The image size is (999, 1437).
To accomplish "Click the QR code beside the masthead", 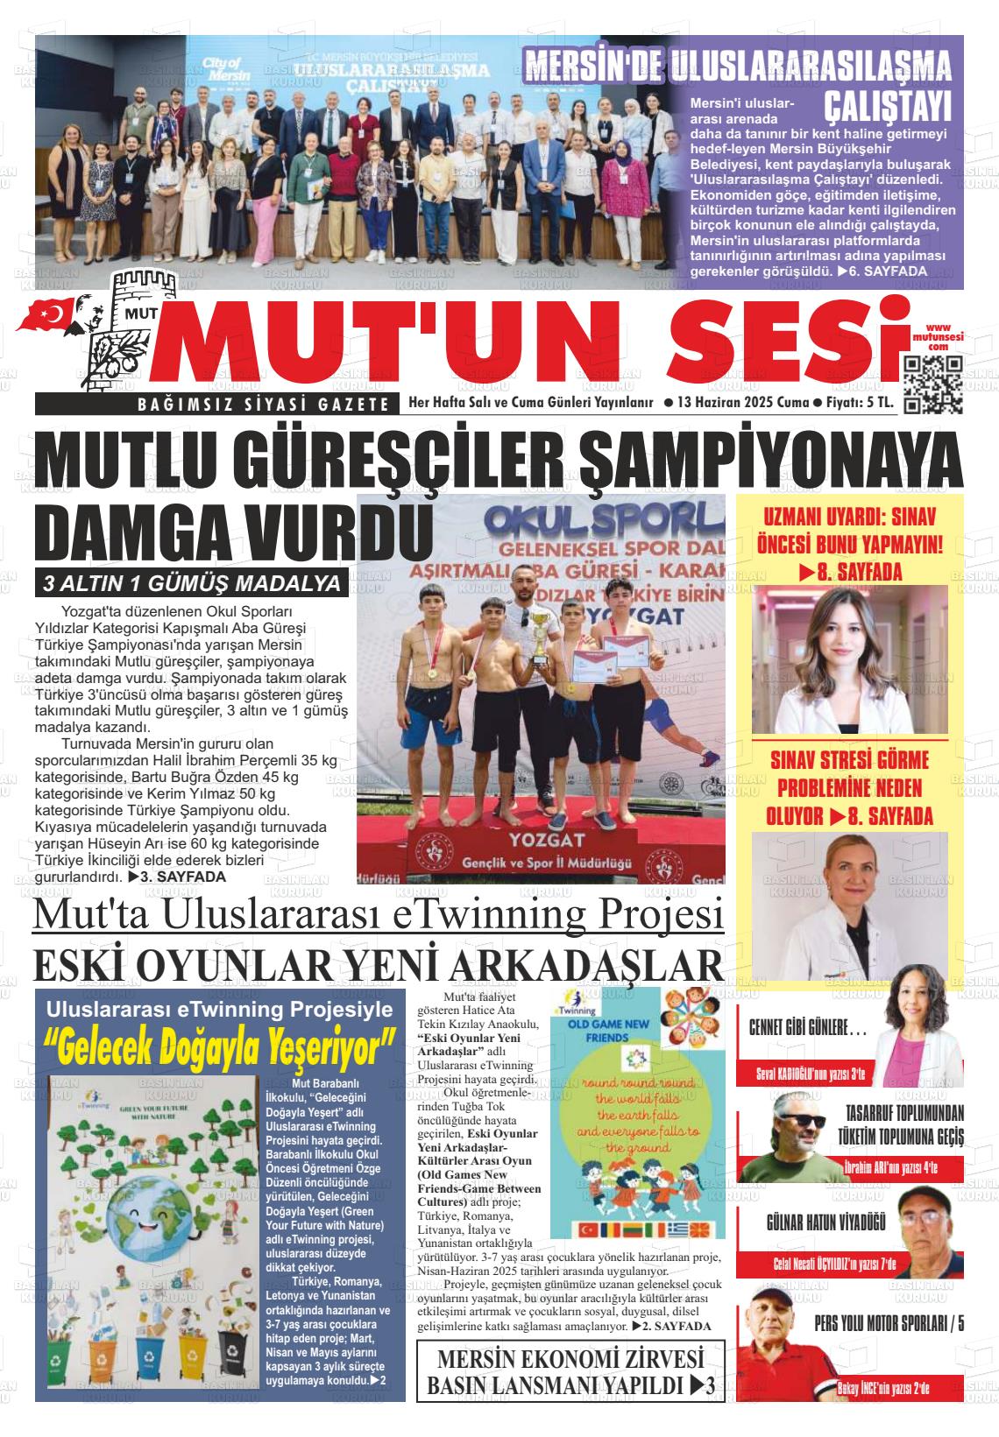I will coord(932,384).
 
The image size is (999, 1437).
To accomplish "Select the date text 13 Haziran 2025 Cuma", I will coord(741,403).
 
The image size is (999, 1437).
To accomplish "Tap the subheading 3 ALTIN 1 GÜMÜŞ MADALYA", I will coord(192,583).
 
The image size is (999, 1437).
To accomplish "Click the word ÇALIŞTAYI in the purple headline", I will coord(887,106).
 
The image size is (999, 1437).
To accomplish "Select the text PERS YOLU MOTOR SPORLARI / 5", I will coord(889,1321).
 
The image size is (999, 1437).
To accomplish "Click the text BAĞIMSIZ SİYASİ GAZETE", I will coord(214,404).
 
